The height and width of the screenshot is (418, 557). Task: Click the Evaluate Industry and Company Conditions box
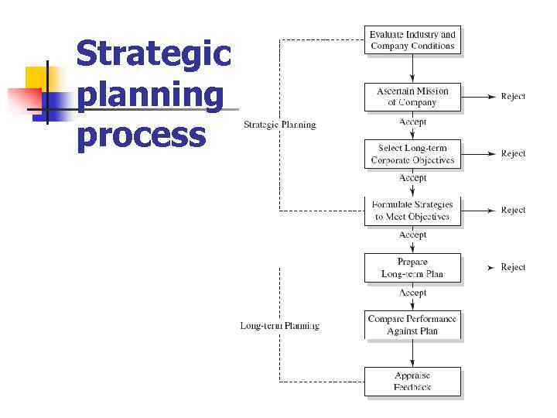[412, 40]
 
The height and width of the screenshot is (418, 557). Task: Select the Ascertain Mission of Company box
[412, 97]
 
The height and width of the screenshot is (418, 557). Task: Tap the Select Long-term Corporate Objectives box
[412, 154]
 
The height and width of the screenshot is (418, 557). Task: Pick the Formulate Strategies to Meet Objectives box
[412, 211]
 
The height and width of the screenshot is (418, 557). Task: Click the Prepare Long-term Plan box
[412, 268]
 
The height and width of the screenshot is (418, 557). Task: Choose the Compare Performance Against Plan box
[412, 325]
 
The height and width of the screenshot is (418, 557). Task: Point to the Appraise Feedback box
[412, 382]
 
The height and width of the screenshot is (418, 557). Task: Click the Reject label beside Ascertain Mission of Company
[513, 97]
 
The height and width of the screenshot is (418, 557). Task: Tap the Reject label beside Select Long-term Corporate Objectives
[513, 153]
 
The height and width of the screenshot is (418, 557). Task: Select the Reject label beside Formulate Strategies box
[513, 211]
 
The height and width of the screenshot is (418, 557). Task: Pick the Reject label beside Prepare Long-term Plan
[513, 267]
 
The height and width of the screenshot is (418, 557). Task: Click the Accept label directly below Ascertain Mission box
[412, 122]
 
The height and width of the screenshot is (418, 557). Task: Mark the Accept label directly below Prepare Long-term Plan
[412, 293]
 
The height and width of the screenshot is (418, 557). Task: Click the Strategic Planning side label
[280, 125]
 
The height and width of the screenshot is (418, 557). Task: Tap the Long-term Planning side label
[279, 326]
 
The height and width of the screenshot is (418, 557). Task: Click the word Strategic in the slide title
[153, 54]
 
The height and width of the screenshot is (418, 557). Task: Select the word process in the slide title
[142, 135]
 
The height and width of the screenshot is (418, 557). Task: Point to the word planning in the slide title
[150, 96]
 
